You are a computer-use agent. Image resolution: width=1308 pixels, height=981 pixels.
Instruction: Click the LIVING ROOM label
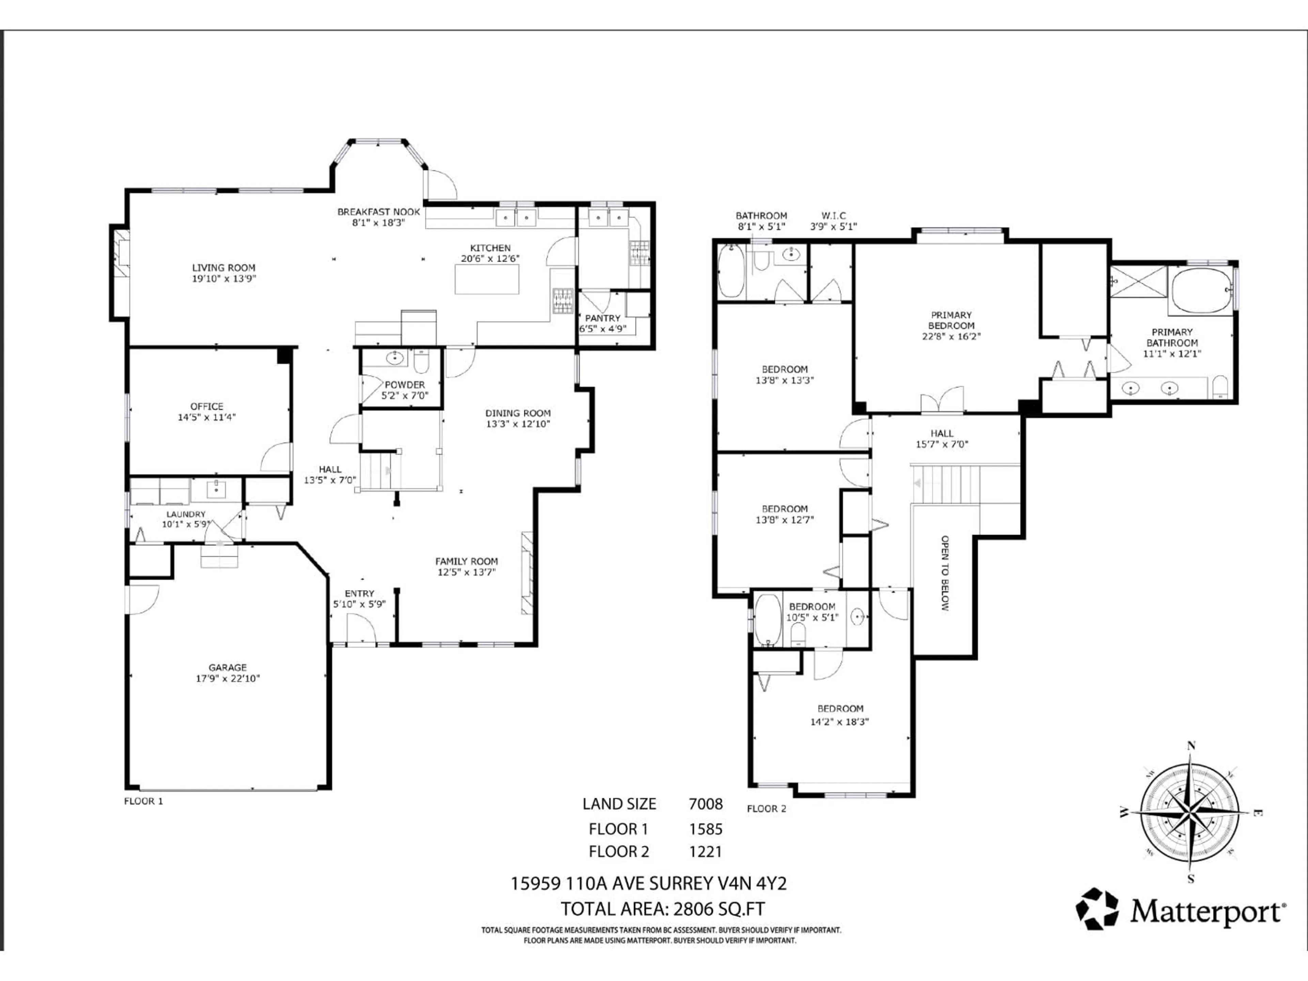click(223, 268)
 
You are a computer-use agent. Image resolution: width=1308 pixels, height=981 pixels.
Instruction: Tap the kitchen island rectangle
click(487, 279)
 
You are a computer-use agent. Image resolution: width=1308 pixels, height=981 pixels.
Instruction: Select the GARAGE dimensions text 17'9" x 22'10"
click(228, 678)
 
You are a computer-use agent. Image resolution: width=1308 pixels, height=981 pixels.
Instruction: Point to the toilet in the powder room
click(421, 362)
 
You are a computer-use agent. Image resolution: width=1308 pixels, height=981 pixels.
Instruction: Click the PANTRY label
click(603, 318)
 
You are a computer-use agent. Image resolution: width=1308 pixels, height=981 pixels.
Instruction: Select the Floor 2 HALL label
click(941, 433)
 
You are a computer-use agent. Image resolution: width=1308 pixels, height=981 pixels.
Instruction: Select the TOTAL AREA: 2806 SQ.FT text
click(662, 908)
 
